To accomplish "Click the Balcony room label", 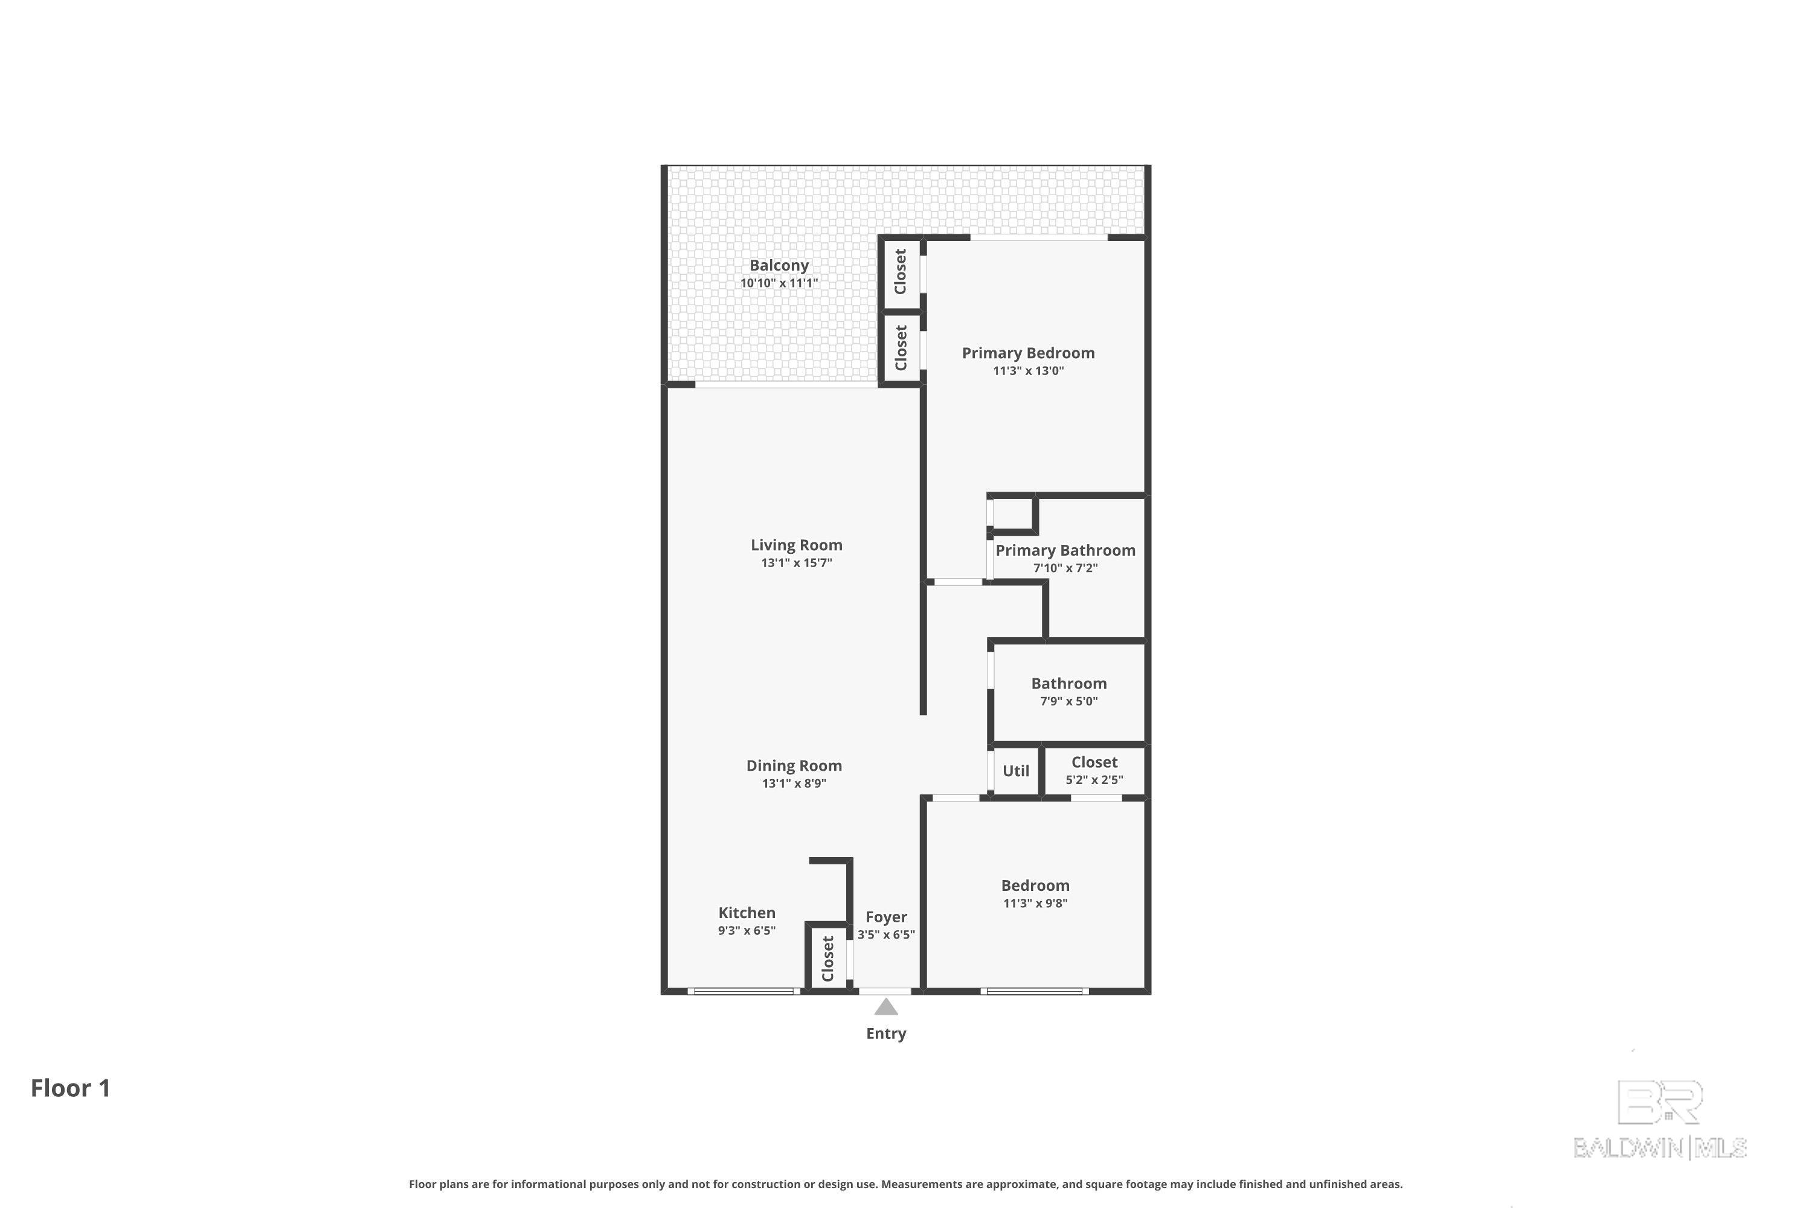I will pyautogui.click(x=779, y=265).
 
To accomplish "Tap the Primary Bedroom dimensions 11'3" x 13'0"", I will pyautogui.click(x=1028, y=371).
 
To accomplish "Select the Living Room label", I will pyautogui.click(x=797, y=545).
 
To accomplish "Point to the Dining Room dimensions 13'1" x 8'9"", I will pyautogui.click(x=794, y=783).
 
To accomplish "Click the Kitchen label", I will pyautogui.click(x=747, y=913).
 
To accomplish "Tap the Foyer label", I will pyautogui.click(x=886, y=917).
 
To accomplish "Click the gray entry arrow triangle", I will pyautogui.click(x=886, y=1007).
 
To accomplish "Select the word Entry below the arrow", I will pyautogui.click(x=886, y=1034).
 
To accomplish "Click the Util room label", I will pyautogui.click(x=1015, y=771).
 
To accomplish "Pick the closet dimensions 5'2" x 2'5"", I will pyautogui.click(x=1094, y=780).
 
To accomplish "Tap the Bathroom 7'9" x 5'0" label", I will pyautogui.click(x=1068, y=691).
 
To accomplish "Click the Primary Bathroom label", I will pyautogui.click(x=1065, y=550).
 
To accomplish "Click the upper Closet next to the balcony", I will pyautogui.click(x=900, y=271).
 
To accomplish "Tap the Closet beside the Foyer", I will pyautogui.click(x=827, y=959).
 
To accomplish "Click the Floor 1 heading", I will pyautogui.click(x=70, y=1088).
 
